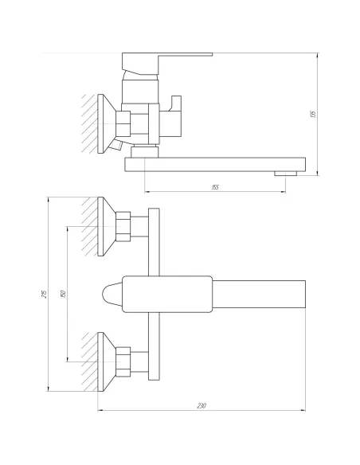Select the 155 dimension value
(x=216, y=186)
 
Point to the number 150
(x=63, y=293)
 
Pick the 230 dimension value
(x=202, y=406)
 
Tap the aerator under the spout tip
(x=283, y=173)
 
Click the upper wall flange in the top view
(x=104, y=227)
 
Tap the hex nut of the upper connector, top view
(x=125, y=227)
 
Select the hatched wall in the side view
(x=87, y=123)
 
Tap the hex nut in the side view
(x=125, y=125)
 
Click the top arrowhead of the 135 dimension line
(x=315, y=55)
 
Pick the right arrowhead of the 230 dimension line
(x=307, y=412)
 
